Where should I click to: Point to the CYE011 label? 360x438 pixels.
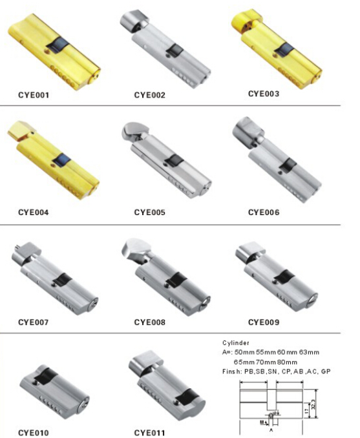tap(150, 432)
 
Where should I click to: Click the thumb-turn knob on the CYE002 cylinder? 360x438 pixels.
tap(133, 21)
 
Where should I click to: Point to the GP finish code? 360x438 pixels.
tap(325, 372)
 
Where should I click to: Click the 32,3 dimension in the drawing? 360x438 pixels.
tap(315, 404)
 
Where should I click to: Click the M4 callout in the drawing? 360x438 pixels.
tap(263, 422)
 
